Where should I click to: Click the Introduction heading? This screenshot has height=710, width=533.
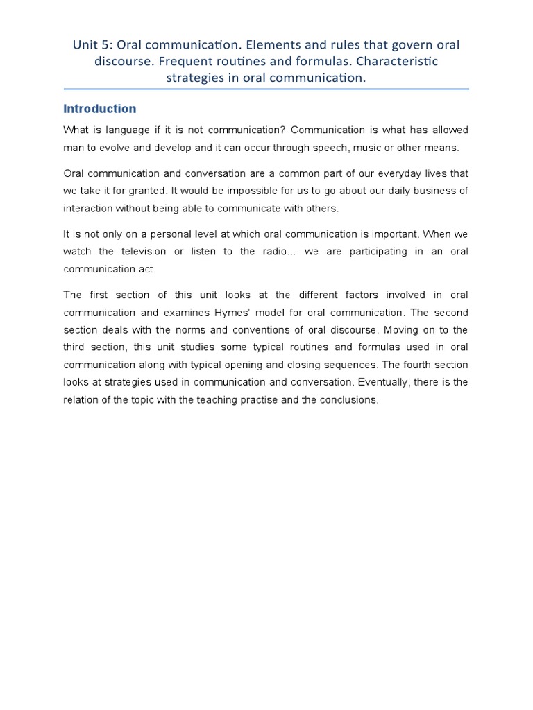[x=99, y=109]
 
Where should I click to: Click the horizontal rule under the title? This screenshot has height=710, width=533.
[x=266, y=89]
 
